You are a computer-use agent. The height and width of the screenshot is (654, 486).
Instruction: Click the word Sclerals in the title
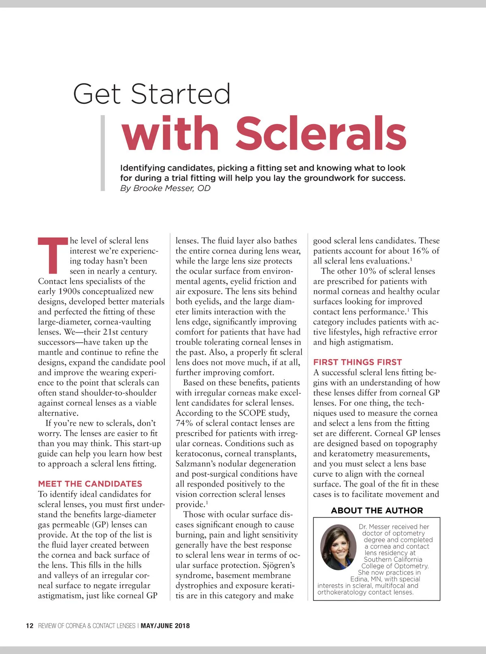pyautogui.click(x=321, y=133)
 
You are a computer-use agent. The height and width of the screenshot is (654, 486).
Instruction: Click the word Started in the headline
pyautogui.click(x=181, y=94)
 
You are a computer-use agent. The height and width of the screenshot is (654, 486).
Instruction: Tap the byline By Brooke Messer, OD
pyautogui.click(x=165, y=188)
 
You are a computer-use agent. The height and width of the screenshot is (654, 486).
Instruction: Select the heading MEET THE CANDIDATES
pyautogui.click(x=90, y=484)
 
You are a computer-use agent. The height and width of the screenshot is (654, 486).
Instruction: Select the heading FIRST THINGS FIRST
pyautogui.click(x=358, y=362)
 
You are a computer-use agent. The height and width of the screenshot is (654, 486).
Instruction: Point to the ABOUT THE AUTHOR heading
pyautogui.click(x=377, y=510)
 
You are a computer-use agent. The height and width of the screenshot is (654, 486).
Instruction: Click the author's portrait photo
pyautogui.click(x=338, y=547)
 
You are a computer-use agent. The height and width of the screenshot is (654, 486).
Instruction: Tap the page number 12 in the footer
pyautogui.click(x=30, y=626)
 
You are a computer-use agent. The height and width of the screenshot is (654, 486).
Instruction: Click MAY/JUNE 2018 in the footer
pyautogui.click(x=165, y=626)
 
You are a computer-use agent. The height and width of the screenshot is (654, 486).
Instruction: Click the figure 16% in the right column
pyautogui.click(x=420, y=251)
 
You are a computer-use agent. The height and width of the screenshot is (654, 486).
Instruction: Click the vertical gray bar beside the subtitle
pyautogui.click(x=103, y=153)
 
